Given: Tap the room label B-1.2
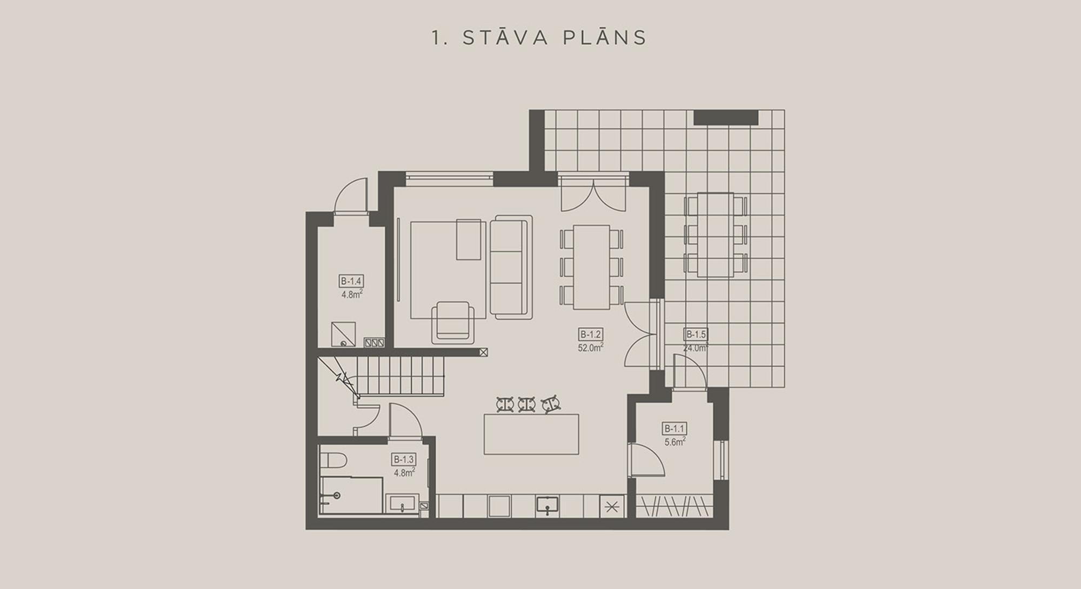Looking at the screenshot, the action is pyautogui.click(x=590, y=334).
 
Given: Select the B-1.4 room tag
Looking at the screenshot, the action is pyautogui.click(x=351, y=282).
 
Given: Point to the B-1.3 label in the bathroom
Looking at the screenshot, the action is pyautogui.click(x=404, y=460).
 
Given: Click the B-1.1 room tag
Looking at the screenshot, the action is pyautogui.click(x=675, y=429).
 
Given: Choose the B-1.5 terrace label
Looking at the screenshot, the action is pyautogui.click(x=696, y=334).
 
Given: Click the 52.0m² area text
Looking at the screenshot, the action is pyautogui.click(x=590, y=347).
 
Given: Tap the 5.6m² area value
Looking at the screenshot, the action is pyautogui.click(x=675, y=441).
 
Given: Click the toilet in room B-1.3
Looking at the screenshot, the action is pyautogui.click(x=329, y=462).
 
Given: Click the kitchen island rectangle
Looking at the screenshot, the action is pyautogui.click(x=531, y=434).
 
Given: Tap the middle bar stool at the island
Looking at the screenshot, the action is pyautogui.click(x=527, y=404).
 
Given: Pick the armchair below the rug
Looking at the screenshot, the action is pyautogui.click(x=453, y=322).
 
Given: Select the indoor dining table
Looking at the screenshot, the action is pyautogui.click(x=591, y=267).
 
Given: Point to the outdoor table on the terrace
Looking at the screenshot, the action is pyautogui.click(x=716, y=235).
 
